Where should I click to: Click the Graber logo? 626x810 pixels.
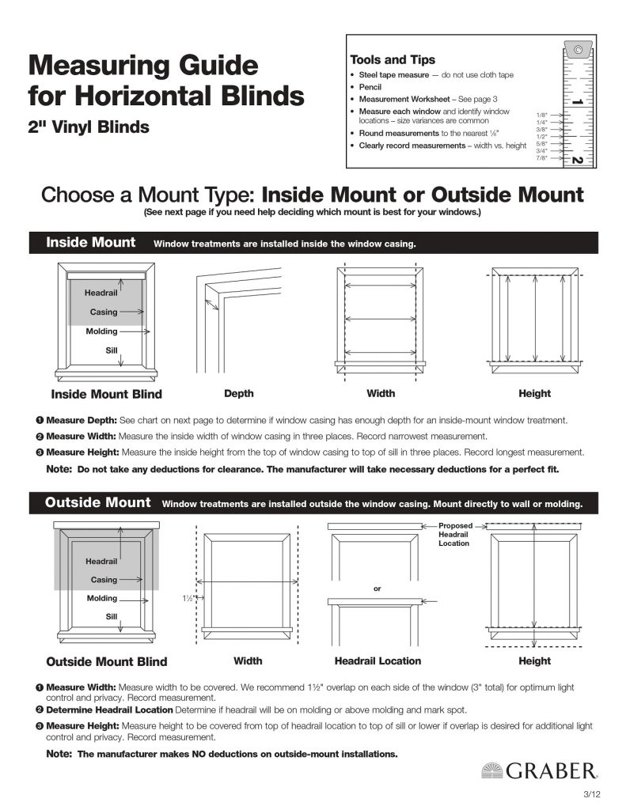point(539,770)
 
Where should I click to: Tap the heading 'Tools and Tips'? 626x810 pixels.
point(392,59)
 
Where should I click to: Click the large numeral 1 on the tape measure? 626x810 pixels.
point(577,102)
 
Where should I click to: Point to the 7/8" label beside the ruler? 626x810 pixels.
point(541,158)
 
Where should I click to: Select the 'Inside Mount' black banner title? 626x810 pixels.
point(91,242)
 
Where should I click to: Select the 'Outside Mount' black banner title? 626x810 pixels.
point(97,502)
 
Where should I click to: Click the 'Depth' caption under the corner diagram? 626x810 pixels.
point(239,393)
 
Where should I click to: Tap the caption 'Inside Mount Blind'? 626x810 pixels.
point(106,394)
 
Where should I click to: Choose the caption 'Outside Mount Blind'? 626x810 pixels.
point(107,661)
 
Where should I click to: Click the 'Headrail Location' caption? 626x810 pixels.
point(377,660)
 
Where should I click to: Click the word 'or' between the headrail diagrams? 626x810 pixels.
point(377,589)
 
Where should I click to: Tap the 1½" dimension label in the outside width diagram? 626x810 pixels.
point(188,599)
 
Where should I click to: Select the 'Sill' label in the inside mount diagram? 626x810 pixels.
point(112,350)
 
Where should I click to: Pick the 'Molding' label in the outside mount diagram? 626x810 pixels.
point(102,598)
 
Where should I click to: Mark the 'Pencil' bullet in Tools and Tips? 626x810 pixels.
point(370,87)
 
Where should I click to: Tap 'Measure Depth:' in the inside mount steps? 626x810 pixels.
point(82,420)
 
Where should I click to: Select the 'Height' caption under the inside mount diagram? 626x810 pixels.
point(534,393)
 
